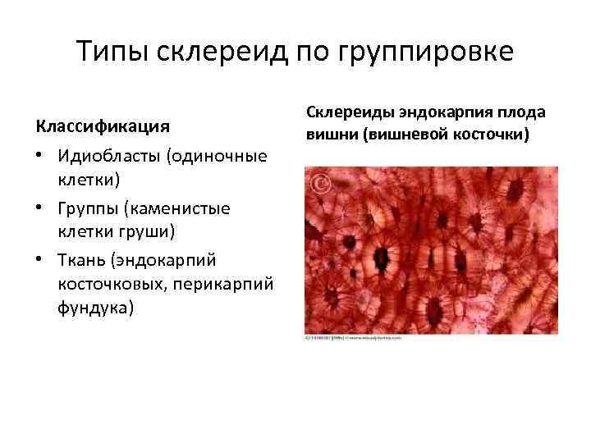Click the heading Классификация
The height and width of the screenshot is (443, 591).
103,127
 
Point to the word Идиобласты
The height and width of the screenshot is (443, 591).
109,156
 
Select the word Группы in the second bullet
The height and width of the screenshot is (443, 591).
88,208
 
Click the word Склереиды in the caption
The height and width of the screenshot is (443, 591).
350,112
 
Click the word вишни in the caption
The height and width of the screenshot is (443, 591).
328,134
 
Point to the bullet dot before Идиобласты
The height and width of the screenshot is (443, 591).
40,156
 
